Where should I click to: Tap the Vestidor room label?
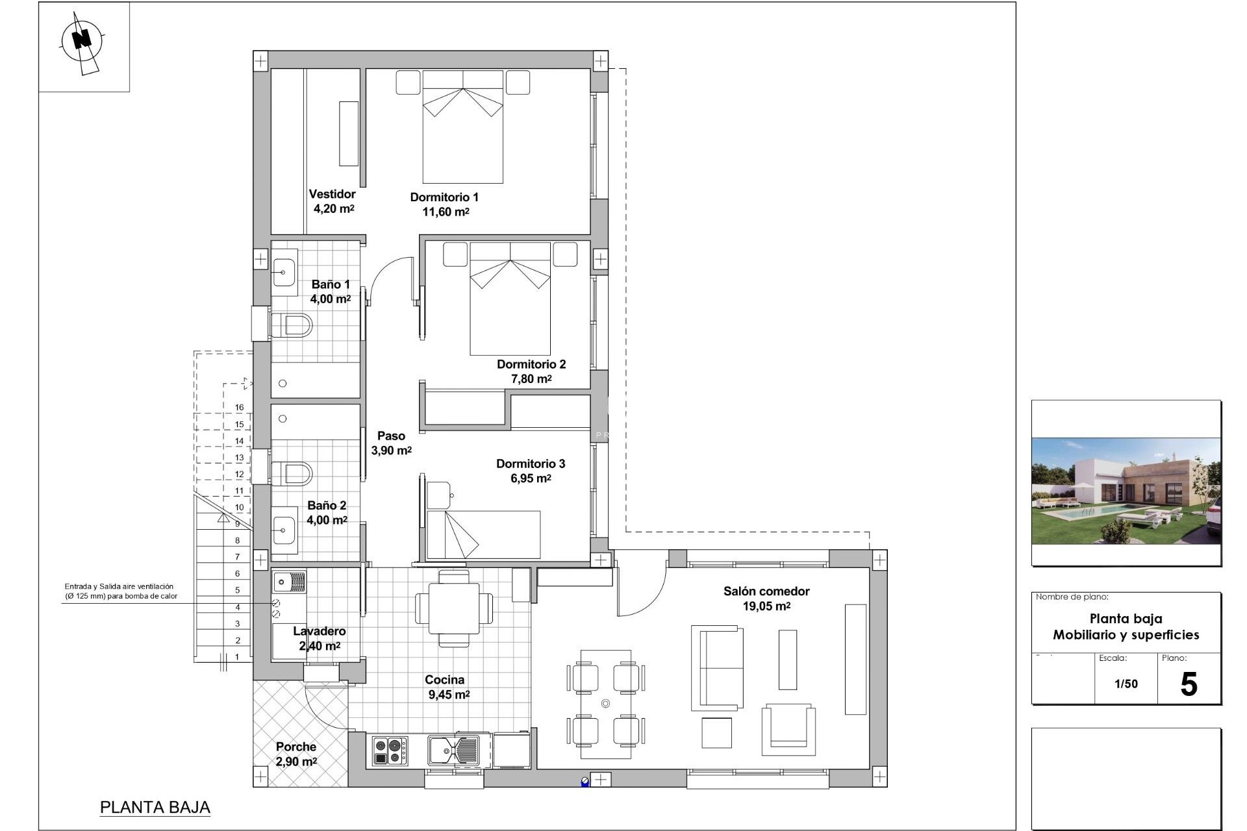point(332,194)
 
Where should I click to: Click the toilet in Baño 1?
point(292,325)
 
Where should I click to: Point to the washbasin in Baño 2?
point(284,531)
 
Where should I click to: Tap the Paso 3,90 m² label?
point(391,443)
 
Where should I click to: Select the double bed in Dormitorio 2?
point(510,299)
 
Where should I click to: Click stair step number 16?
point(239,408)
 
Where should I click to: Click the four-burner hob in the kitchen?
point(390,751)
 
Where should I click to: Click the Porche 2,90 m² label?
point(296,754)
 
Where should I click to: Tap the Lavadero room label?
point(319,631)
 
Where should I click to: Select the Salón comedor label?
point(766,591)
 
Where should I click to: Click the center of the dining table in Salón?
point(605,704)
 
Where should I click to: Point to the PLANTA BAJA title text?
point(155,808)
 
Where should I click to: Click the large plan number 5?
point(1188,685)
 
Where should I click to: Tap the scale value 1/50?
point(1126,684)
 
